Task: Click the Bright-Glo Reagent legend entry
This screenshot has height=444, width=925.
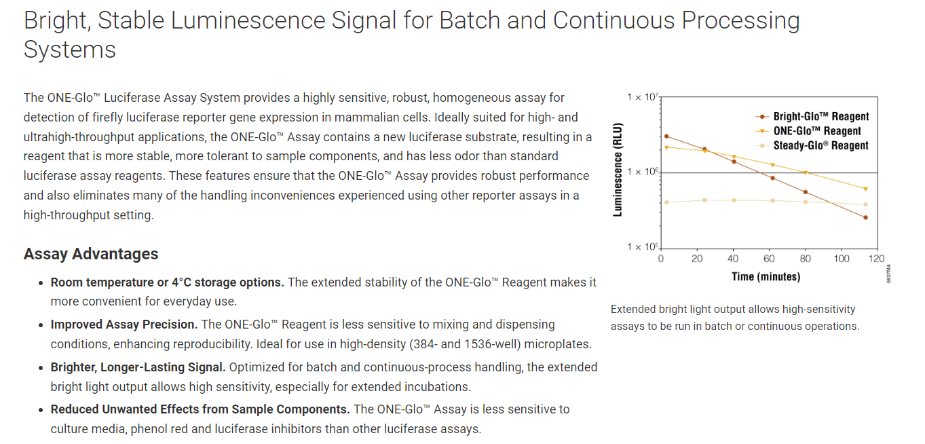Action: (812, 117)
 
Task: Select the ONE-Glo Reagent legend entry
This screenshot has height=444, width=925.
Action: (808, 131)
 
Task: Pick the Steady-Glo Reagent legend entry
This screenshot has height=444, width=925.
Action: (812, 145)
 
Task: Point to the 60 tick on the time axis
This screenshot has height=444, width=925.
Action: (769, 259)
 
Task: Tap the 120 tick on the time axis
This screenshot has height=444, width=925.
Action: (876, 259)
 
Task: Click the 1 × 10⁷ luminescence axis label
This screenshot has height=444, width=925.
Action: (643, 97)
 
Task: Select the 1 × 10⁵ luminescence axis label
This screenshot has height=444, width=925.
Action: (643, 246)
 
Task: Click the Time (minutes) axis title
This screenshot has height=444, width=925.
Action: (766, 276)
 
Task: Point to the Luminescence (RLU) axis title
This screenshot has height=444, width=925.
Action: (618, 169)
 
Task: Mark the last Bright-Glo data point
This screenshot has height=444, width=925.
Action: (865, 217)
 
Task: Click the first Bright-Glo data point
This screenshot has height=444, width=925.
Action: (666, 136)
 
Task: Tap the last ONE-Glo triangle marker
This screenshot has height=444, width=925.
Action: (865, 189)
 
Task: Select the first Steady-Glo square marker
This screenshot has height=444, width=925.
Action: (666, 202)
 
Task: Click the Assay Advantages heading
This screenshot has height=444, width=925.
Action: (91, 254)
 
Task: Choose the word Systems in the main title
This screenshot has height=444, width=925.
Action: (70, 50)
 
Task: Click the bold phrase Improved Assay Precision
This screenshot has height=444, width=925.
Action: (124, 325)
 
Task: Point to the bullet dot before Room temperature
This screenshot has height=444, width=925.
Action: (41, 283)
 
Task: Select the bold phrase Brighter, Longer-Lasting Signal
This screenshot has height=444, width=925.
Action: (138, 367)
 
